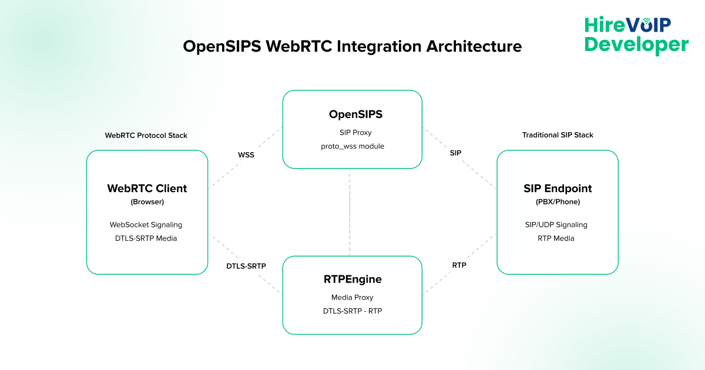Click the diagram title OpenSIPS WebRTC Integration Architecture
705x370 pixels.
click(352, 46)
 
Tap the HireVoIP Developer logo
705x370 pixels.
click(636, 35)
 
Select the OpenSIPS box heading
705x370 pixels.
click(352, 114)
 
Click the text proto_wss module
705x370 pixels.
click(352, 146)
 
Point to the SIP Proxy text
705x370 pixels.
click(352, 132)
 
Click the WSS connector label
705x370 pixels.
click(246, 156)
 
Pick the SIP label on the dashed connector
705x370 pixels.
click(455, 153)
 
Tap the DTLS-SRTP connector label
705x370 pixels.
click(246, 266)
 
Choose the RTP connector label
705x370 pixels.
click(459, 265)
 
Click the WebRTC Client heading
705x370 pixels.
click(147, 189)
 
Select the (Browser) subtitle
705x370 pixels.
click(147, 202)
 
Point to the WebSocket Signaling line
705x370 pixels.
click(146, 224)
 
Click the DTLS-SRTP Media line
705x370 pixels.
click(146, 238)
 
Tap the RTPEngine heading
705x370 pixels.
click(352, 279)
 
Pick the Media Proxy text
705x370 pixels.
click(352, 297)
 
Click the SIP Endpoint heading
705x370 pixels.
click(558, 189)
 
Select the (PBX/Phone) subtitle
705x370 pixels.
click(558, 202)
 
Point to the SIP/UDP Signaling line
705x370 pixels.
click(556, 224)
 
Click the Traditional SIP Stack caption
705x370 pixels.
click(558, 135)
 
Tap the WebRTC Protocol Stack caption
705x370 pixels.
click(146, 135)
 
